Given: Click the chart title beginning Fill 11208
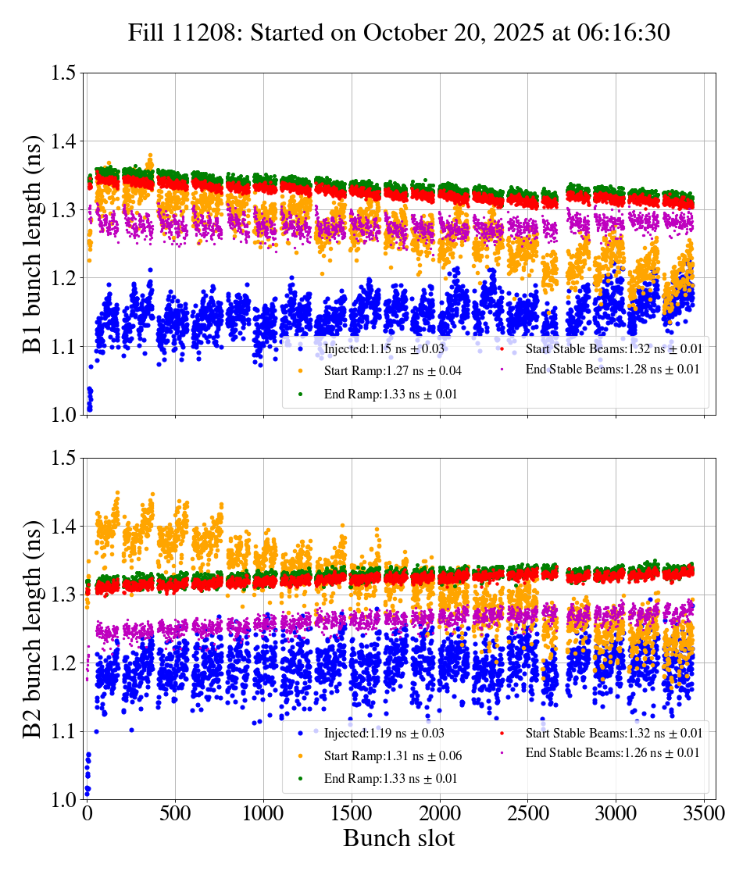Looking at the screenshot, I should [x=399, y=32].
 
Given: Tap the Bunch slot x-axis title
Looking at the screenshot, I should [x=398, y=838].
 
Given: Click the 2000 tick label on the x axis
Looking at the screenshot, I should [x=440, y=813].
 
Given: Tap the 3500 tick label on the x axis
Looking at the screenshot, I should [x=705, y=813].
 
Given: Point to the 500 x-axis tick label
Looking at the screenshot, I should [x=175, y=813].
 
